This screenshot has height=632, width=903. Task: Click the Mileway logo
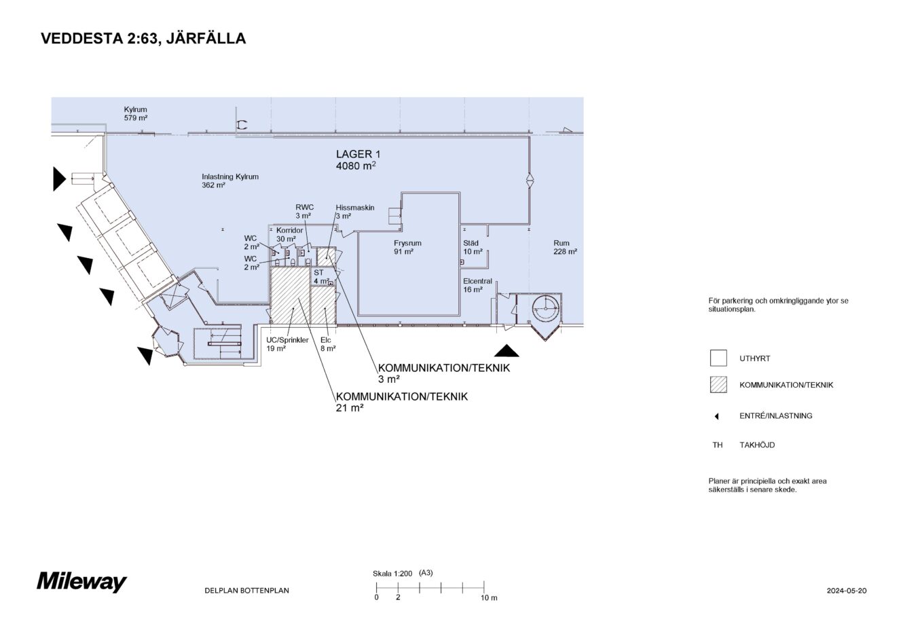tap(81, 582)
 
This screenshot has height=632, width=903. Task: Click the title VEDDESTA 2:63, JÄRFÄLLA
tap(143, 39)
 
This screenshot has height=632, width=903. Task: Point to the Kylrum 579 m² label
tap(136, 113)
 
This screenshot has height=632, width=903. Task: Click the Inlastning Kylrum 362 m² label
tap(230, 181)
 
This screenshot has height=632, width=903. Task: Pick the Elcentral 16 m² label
tap(477, 285)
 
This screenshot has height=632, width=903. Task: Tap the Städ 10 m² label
tap(473, 247)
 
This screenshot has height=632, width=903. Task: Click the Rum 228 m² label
tap(564, 247)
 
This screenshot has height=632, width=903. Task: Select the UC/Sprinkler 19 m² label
tap(287, 343)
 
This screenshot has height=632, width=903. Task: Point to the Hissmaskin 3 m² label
tap(354, 212)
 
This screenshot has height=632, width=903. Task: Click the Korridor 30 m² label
tap(289, 234)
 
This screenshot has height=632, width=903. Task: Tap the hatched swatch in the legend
tap(718, 385)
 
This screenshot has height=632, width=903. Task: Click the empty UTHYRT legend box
tap(718, 358)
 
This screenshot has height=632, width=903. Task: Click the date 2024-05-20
tap(846, 591)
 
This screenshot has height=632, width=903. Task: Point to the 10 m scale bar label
tap(489, 598)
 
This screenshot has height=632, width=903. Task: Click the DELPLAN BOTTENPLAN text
tap(246, 591)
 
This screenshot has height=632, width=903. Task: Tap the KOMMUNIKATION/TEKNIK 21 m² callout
tap(401, 402)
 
